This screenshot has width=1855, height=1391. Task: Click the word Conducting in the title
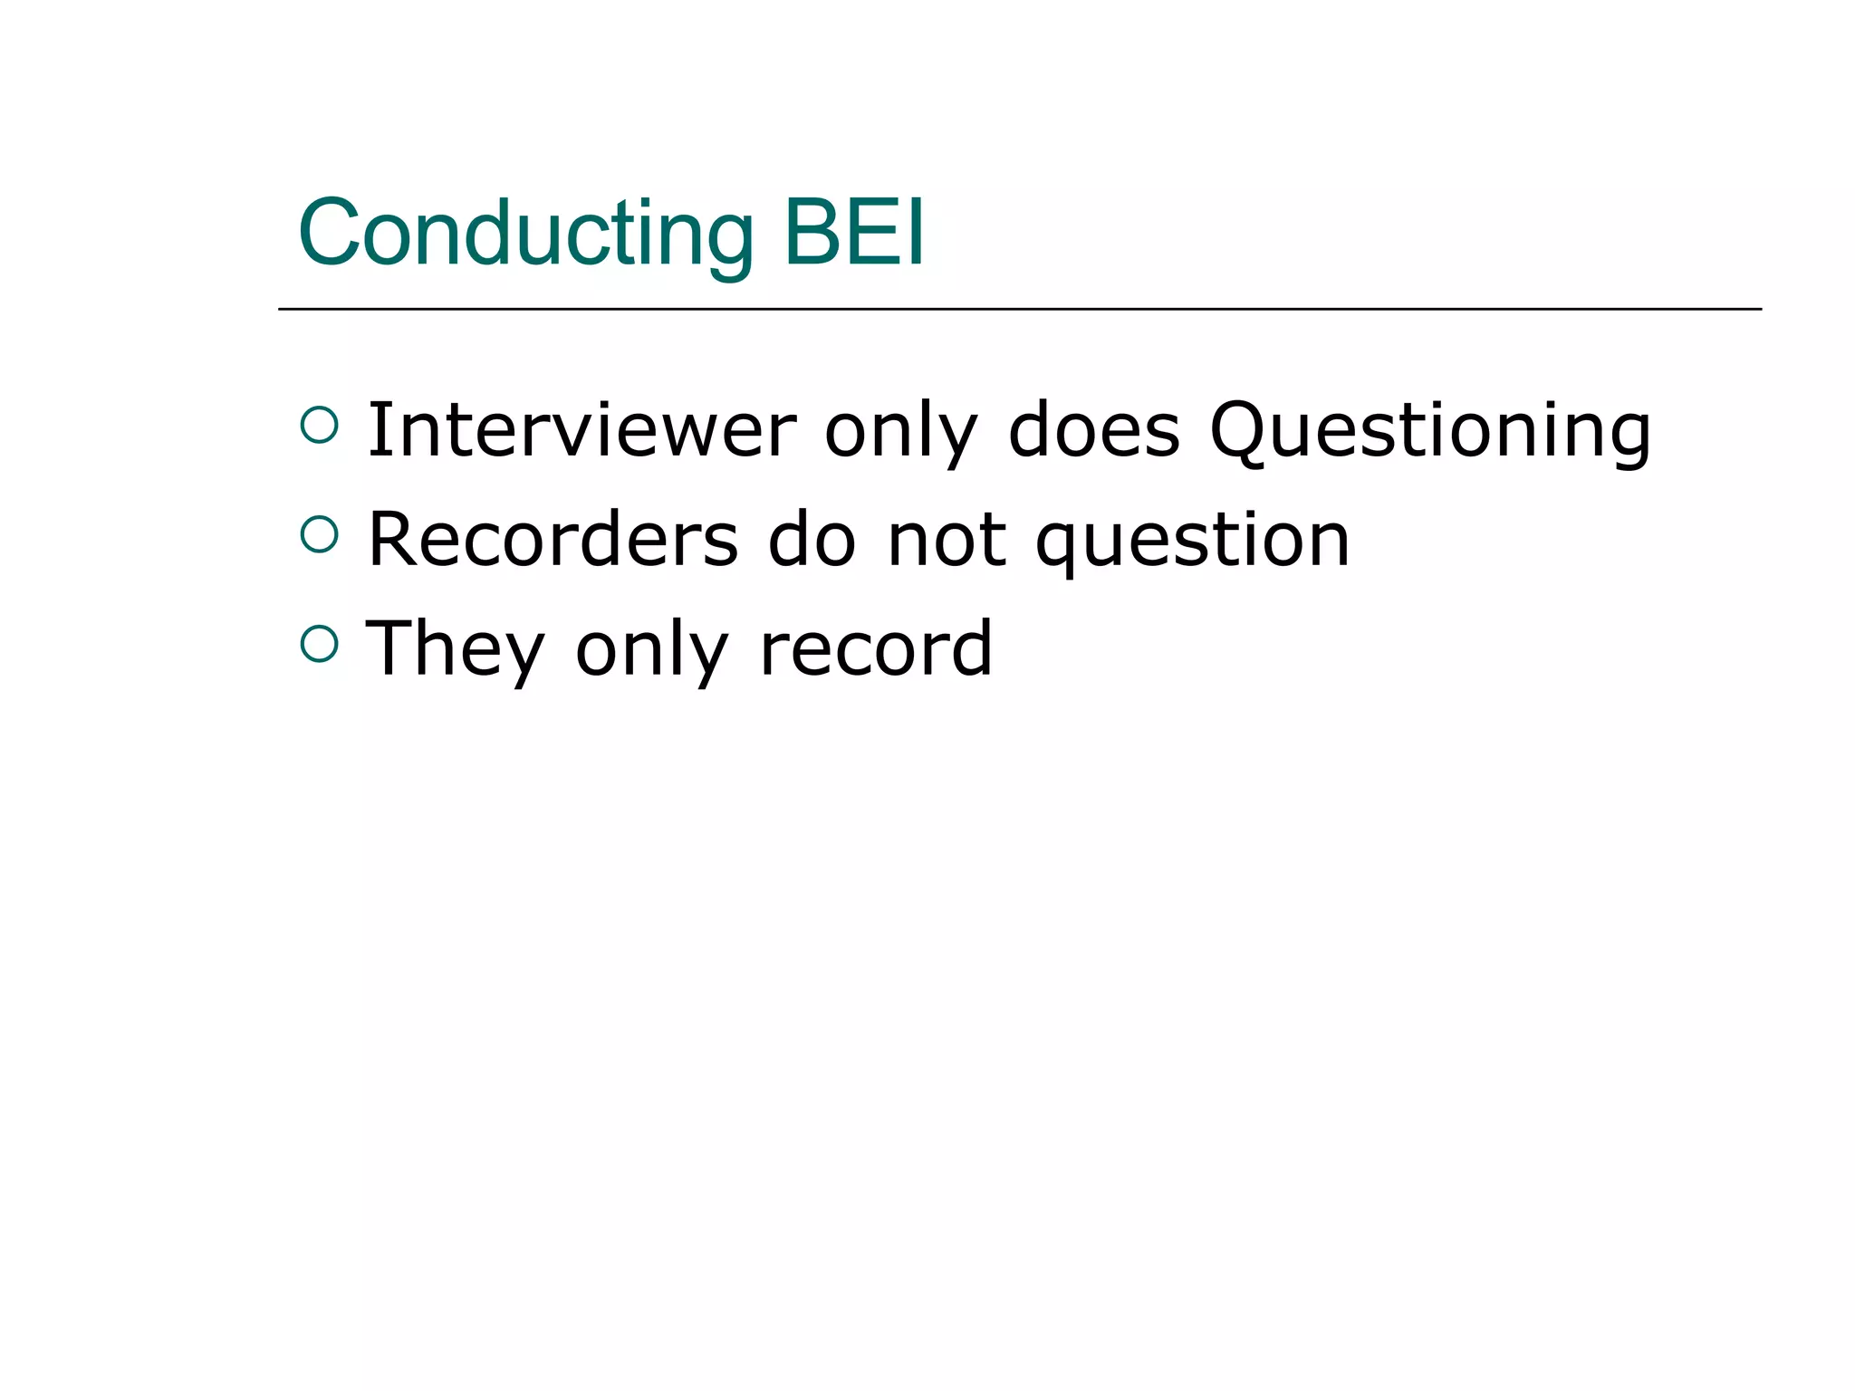point(525,234)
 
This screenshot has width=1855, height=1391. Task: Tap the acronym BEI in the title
point(853,234)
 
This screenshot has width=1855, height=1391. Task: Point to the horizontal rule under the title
point(1019,309)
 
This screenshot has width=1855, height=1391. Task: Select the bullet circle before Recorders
point(319,534)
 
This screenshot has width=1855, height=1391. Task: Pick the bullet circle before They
point(319,644)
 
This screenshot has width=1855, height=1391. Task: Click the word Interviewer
point(581,430)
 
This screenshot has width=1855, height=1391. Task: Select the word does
point(1094,430)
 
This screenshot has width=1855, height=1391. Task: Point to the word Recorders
point(553,540)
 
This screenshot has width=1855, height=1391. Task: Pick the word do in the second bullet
point(812,540)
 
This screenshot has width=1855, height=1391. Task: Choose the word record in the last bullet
point(876,648)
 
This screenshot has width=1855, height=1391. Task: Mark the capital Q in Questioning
point(1240,431)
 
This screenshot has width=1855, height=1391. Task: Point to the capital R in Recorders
point(395,540)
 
